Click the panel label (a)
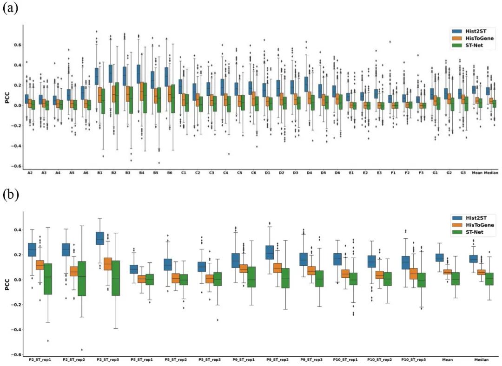[x=10, y=8]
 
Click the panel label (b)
[x=10, y=195]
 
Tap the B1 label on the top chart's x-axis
[x=99, y=173]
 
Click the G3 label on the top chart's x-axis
[x=462, y=173]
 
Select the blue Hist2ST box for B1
[x=97, y=76]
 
